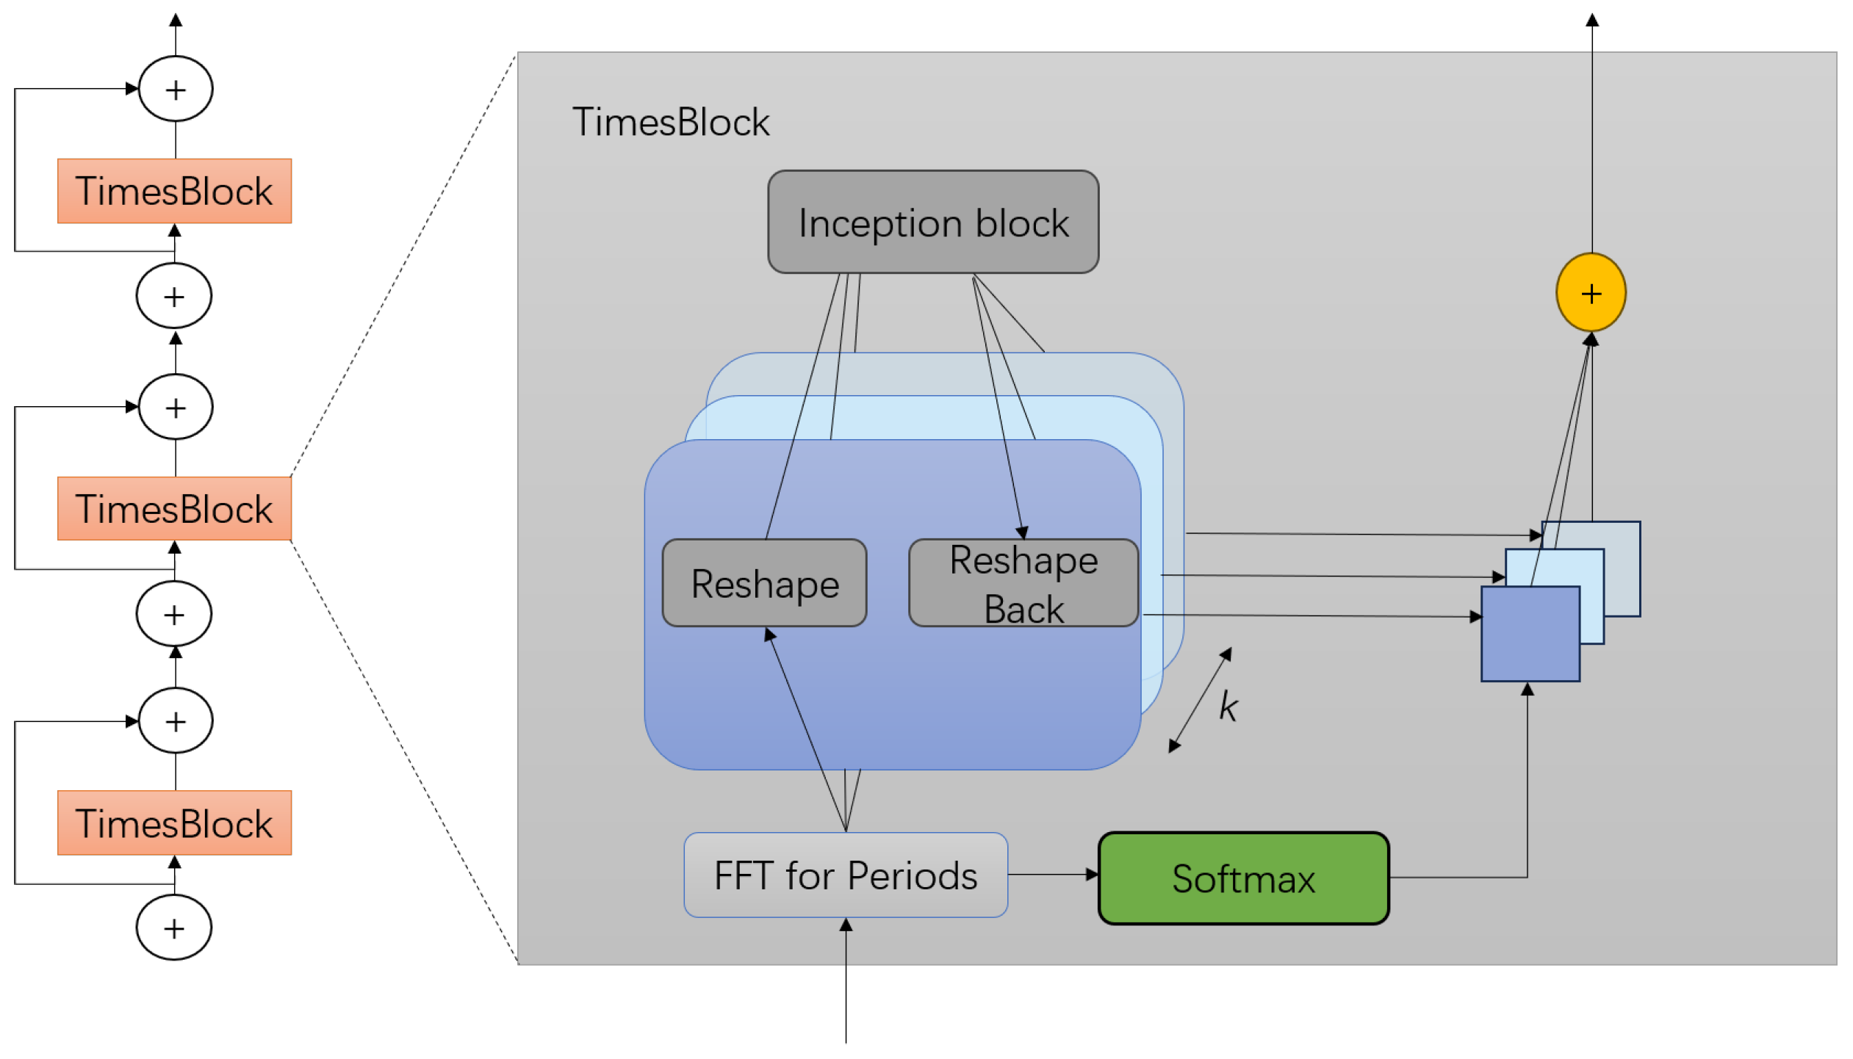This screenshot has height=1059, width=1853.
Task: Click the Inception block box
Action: (932, 222)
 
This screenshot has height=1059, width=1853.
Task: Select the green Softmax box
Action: (1242, 878)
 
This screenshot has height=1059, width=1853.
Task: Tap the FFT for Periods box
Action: (845, 875)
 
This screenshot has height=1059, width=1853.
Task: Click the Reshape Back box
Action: (1023, 583)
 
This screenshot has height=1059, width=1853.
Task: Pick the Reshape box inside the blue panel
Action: (764, 583)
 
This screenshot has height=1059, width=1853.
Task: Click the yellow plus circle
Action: (1590, 293)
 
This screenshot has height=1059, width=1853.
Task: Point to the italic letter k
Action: (1227, 706)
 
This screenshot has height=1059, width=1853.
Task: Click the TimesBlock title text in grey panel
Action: (670, 122)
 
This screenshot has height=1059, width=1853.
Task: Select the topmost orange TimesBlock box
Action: (174, 191)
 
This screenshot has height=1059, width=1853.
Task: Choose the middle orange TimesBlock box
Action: (174, 508)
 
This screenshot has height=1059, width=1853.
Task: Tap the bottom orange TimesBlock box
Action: (174, 823)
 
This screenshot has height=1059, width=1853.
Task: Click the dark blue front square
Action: (1529, 639)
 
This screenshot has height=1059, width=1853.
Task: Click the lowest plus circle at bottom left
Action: (174, 928)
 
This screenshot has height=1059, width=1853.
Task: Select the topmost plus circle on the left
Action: (176, 89)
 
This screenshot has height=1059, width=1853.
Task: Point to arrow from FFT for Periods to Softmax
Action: (1052, 875)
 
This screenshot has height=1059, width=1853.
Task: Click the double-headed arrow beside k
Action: (1199, 699)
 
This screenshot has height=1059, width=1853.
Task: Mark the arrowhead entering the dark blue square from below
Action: (1527, 689)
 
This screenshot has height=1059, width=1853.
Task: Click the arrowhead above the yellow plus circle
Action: (1591, 20)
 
